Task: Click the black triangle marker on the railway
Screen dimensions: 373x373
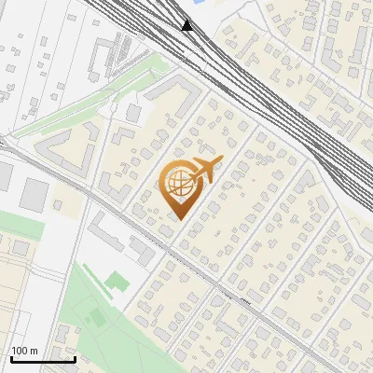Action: [187, 25]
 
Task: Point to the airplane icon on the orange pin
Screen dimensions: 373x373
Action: [204, 171]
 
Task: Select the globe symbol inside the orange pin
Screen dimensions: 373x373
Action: [177, 185]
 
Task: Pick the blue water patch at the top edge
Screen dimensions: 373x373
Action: [221, 3]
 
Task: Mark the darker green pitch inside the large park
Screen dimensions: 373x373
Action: [97, 318]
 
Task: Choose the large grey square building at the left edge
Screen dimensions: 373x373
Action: [35, 194]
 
